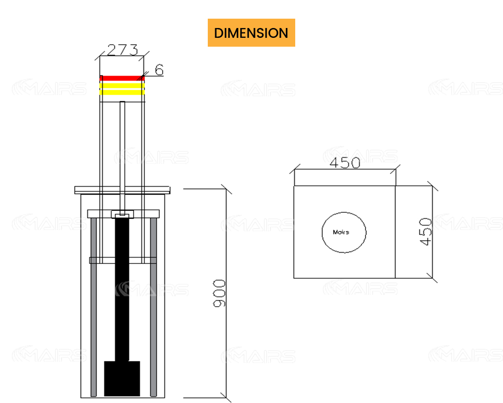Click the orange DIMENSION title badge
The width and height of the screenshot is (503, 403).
tap(251, 33)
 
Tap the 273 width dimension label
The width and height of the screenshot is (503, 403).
tap(122, 50)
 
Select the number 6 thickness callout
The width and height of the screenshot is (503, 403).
tap(159, 70)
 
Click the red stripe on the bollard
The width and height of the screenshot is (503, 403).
tap(122, 78)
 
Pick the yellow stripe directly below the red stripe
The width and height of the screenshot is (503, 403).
tap(122, 85)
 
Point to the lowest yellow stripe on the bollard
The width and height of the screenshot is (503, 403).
tap(122, 92)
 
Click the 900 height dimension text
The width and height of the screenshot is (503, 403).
tap(220, 293)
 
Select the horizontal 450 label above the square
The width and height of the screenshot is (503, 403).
tap(344, 163)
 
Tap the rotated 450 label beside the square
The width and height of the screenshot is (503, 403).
tap(426, 231)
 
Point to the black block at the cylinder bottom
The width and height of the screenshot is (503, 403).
tap(122, 378)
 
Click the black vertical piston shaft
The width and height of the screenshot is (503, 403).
tap(122, 290)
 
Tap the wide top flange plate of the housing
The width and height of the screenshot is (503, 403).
tap(122, 190)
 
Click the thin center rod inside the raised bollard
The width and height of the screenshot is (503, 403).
tap(122, 147)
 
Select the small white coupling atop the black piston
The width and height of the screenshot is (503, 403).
tap(122, 215)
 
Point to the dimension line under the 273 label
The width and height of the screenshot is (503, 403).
tap(122, 57)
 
